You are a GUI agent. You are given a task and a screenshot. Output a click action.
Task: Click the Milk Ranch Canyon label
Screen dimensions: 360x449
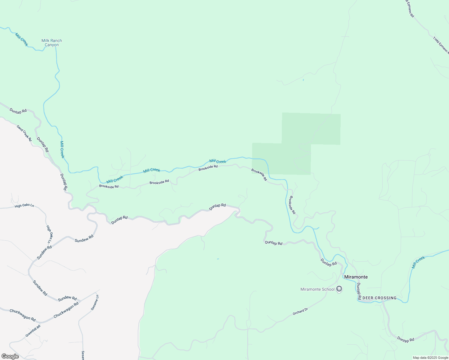52,43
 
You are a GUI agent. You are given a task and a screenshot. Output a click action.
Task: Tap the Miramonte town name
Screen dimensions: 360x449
356,277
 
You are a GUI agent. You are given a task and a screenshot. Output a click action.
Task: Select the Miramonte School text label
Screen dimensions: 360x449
317,289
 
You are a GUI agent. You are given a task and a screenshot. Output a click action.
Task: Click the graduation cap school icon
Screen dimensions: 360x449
339,289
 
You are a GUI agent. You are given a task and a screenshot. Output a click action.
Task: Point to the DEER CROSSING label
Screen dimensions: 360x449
379,298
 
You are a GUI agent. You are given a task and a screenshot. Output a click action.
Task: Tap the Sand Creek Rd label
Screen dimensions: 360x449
24,133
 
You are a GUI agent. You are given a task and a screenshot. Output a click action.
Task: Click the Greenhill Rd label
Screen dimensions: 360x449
33,331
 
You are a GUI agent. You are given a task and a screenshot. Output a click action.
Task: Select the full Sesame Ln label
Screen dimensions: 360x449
95,302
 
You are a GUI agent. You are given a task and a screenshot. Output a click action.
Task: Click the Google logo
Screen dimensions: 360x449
10,356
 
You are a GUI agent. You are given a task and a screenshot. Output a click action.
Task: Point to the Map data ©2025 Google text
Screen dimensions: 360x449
430,358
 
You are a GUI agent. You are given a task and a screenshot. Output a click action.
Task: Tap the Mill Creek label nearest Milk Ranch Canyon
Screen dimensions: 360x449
22,40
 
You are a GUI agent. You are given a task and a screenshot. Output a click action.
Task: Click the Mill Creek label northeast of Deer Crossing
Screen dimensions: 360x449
418,262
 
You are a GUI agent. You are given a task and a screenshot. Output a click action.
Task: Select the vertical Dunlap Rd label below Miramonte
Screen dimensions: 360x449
358,291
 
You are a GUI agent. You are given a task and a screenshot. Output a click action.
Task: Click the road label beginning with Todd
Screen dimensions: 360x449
441,45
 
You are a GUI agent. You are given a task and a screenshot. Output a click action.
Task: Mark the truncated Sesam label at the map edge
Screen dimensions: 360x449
83,355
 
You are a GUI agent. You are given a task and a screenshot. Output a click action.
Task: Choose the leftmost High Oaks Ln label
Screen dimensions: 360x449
24,205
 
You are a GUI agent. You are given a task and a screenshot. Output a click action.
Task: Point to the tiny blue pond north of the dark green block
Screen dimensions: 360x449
303,80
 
